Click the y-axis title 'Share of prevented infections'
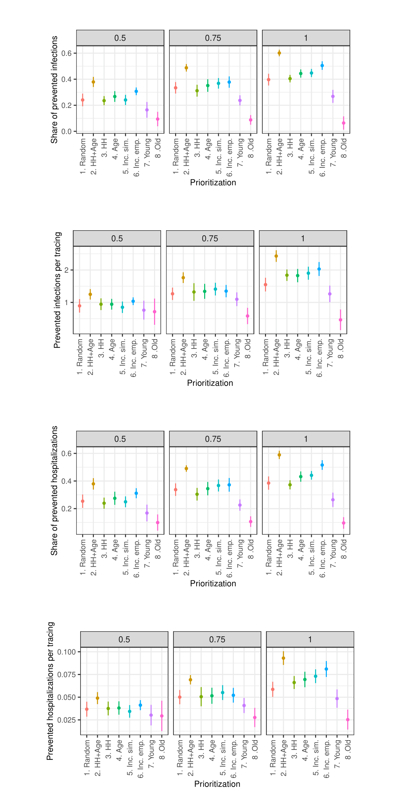[x=54, y=90]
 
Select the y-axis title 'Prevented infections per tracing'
[x=57, y=290]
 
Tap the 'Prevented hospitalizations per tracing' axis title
[x=50, y=691]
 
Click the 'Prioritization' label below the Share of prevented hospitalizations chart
[x=213, y=583]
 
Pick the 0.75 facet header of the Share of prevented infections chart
[x=213, y=38]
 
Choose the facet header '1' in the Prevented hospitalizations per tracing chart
[x=310, y=640]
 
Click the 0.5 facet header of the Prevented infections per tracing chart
[x=117, y=239]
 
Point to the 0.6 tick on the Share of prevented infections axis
[x=66, y=53]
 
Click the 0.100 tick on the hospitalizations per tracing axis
[x=66, y=652]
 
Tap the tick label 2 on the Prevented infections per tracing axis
[x=66, y=270]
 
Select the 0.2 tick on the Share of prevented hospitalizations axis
[x=66, y=509]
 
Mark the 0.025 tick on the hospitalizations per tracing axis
[x=66, y=720]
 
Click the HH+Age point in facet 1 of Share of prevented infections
[x=279, y=53]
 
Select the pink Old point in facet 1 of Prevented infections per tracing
[x=341, y=320]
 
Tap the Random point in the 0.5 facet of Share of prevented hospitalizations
[x=83, y=501]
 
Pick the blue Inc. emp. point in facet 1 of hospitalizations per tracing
[x=326, y=669]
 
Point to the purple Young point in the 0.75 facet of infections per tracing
[x=237, y=299]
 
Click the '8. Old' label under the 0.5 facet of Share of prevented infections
[x=158, y=148]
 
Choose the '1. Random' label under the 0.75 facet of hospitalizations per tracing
[x=180, y=758]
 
